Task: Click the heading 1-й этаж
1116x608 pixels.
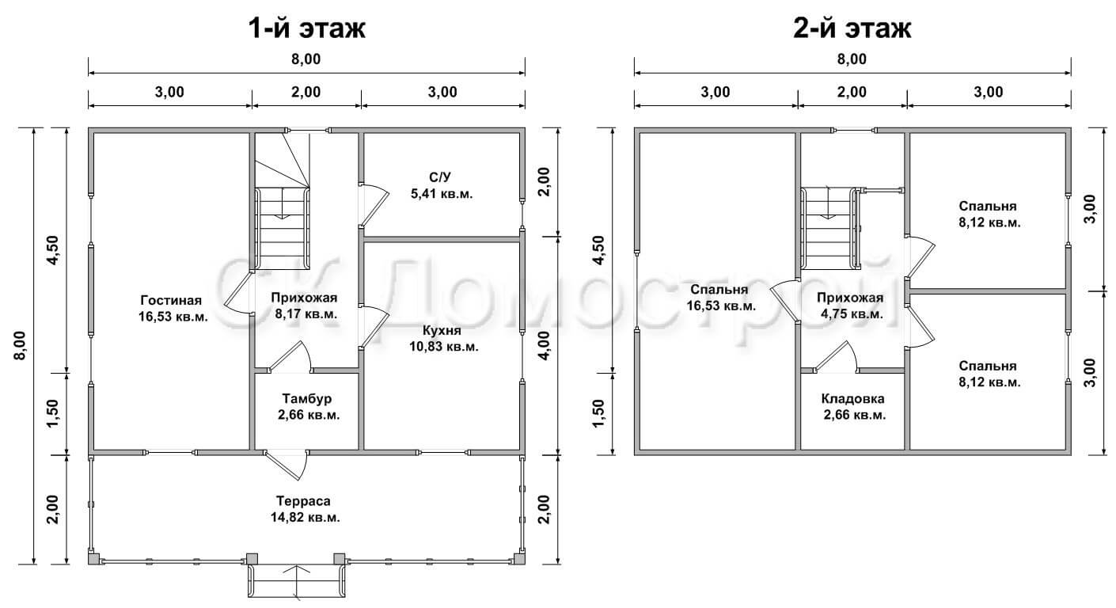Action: [x=306, y=28]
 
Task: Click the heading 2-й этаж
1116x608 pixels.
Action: [x=852, y=28]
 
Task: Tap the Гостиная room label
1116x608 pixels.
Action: [x=171, y=301]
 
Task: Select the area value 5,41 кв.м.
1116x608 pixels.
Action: [x=442, y=194]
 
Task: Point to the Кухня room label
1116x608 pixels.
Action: [x=442, y=330]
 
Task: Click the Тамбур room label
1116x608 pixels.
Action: [x=307, y=399]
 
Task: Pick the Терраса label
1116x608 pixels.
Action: [x=303, y=501]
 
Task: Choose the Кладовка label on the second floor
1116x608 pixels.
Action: [x=853, y=399]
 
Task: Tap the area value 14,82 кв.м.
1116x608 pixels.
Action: [x=306, y=518]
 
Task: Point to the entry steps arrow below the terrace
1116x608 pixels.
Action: [x=297, y=580]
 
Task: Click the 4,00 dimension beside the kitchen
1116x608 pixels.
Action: [x=545, y=345]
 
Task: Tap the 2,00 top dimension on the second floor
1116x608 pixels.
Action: [x=852, y=92]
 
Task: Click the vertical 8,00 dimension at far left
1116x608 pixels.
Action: [x=21, y=345]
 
